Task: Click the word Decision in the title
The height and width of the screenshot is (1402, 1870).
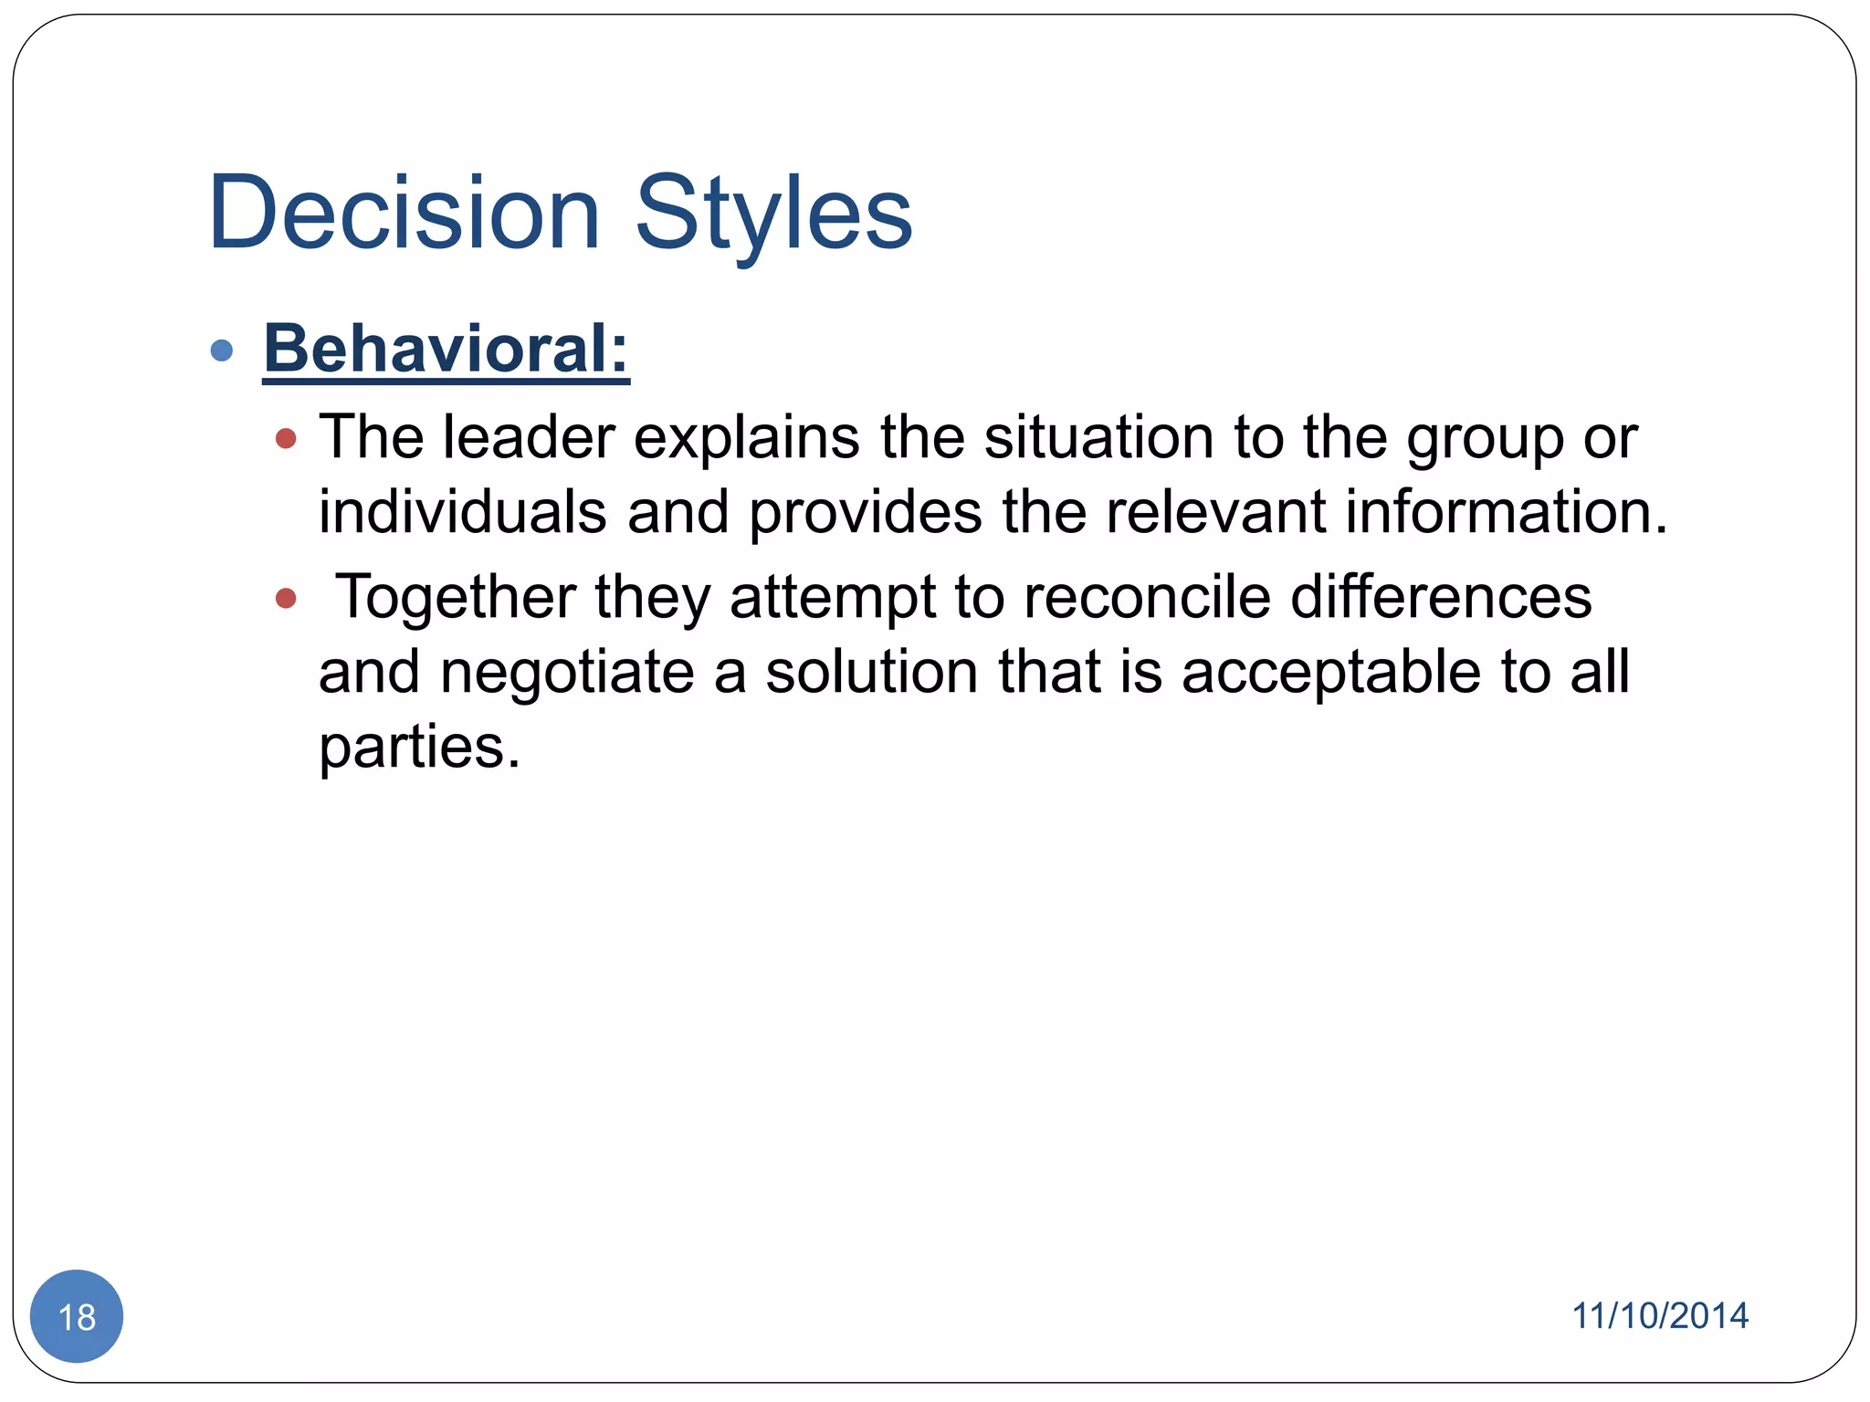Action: click(x=404, y=213)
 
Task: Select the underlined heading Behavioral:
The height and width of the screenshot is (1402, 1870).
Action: click(x=446, y=349)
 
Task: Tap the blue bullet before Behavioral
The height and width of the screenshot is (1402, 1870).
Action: click(x=222, y=350)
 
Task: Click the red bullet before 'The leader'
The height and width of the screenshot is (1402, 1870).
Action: click(x=286, y=439)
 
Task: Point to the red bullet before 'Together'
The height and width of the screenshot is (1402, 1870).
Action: click(x=286, y=599)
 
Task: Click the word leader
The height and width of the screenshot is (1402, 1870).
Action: click(x=529, y=437)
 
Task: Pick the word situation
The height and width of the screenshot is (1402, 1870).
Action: click(x=1098, y=437)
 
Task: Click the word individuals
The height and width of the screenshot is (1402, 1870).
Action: click(x=462, y=512)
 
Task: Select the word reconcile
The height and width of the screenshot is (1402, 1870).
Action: click(x=1147, y=598)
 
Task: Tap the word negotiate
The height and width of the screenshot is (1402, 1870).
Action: click(x=567, y=674)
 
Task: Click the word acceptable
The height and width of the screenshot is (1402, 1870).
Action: click(x=1330, y=674)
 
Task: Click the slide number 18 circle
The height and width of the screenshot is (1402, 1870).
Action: click(x=77, y=1316)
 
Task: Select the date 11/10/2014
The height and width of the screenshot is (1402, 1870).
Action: click(x=1659, y=1316)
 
